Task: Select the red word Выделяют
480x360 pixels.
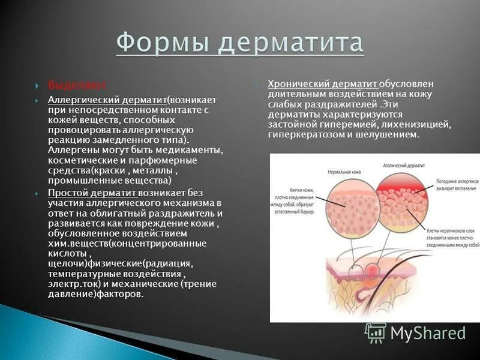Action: click(69, 84)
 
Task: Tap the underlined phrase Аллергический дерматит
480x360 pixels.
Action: click(107, 99)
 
